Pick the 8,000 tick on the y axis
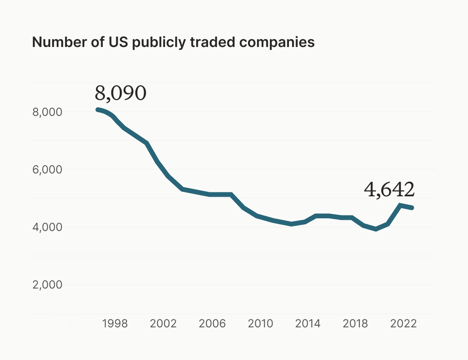click(x=47, y=112)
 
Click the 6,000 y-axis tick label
click(x=47, y=170)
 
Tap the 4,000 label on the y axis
click(x=47, y=227)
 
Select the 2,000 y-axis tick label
click(x=47, y=285)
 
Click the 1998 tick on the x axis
click(x=115, y=323)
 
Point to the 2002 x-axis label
click(x=163, y=323)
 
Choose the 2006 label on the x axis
click(x=212, y=323)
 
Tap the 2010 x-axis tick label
click(x=261, y=323)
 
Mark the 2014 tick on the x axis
click(x=308, y=323)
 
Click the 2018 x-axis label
click(x=355, y=323)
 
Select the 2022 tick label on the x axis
click(x=404, y=323)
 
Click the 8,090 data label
click(x=121, y=93)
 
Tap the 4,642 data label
click(x=389, y=190)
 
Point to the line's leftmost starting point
click(x=97, y=110)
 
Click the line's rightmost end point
click(x=412, y=208)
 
